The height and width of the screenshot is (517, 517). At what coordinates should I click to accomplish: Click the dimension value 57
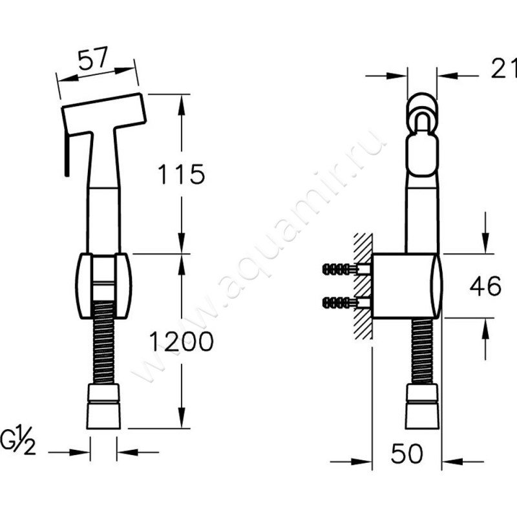[x=93, y=58]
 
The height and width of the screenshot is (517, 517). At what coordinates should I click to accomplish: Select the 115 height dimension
[x=182, y=174]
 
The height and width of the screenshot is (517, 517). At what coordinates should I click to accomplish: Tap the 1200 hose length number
[x=182, y=341]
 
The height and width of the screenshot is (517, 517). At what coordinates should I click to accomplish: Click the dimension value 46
[x=485, y=286]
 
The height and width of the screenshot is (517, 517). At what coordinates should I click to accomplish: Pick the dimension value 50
[x=406, y=454]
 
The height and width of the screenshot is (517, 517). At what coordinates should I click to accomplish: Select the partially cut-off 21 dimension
[x=503, y=69]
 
